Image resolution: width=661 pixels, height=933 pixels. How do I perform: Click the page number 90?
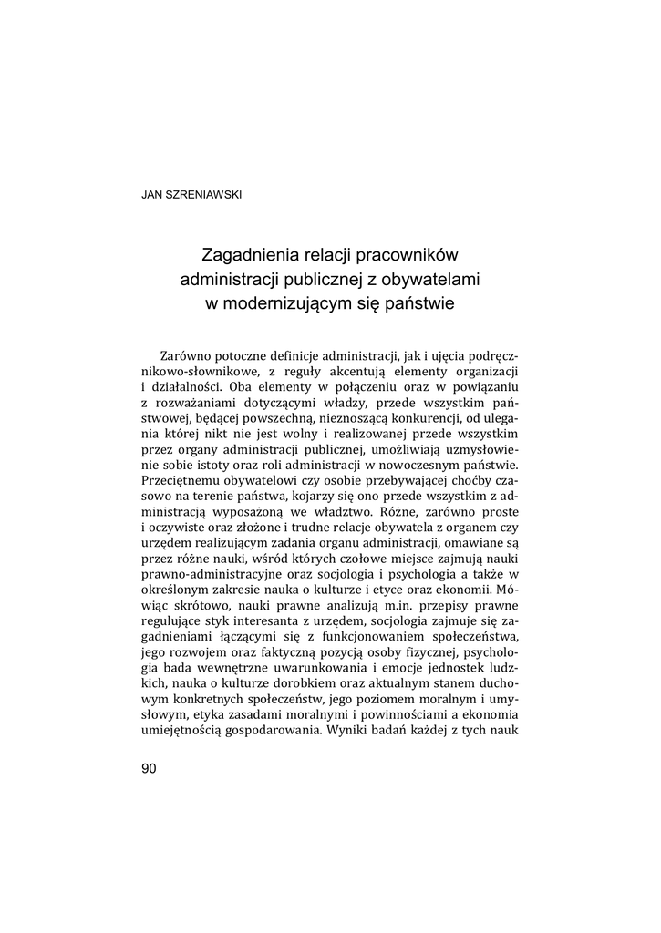tap(150, 769)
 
